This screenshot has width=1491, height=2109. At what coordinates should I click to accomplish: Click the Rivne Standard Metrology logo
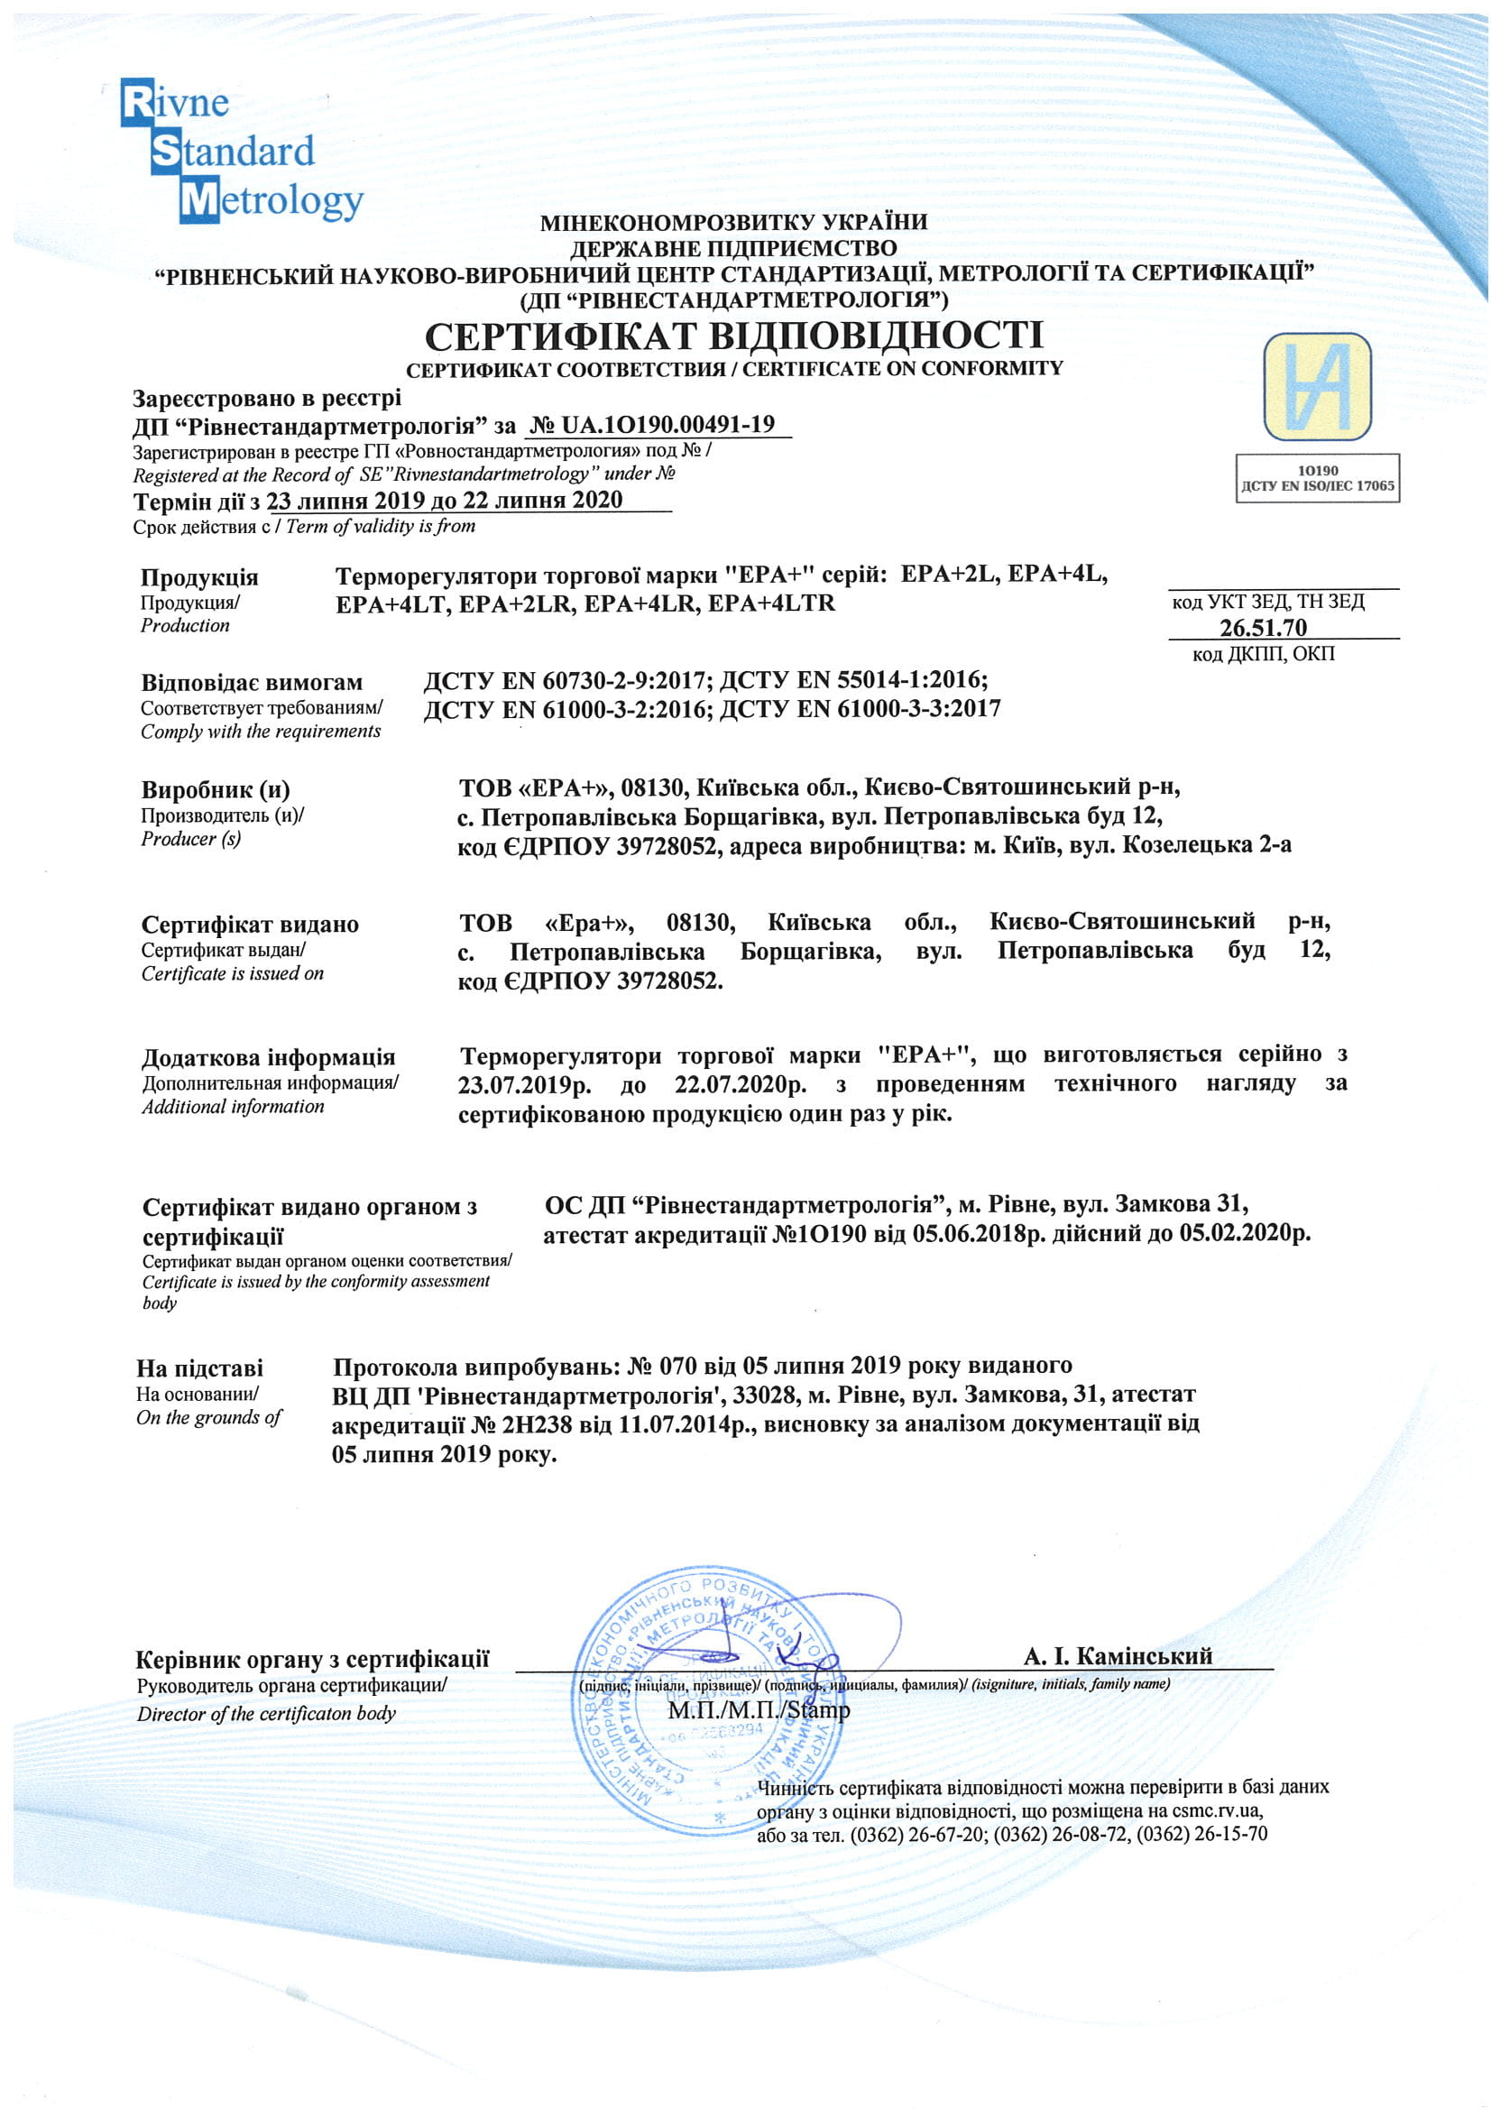241,152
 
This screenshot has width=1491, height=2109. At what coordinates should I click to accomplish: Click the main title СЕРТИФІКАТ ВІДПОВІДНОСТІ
734,336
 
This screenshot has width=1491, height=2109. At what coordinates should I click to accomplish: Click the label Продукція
199,578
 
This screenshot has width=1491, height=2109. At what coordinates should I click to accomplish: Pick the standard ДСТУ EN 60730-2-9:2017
565,680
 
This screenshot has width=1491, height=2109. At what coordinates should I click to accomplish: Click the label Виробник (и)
215,789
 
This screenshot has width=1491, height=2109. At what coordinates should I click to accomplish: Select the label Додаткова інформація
268,1057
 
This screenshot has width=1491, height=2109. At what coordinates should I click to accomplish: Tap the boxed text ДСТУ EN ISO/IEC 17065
1318,486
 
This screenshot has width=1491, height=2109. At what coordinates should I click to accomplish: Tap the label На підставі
199,1368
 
